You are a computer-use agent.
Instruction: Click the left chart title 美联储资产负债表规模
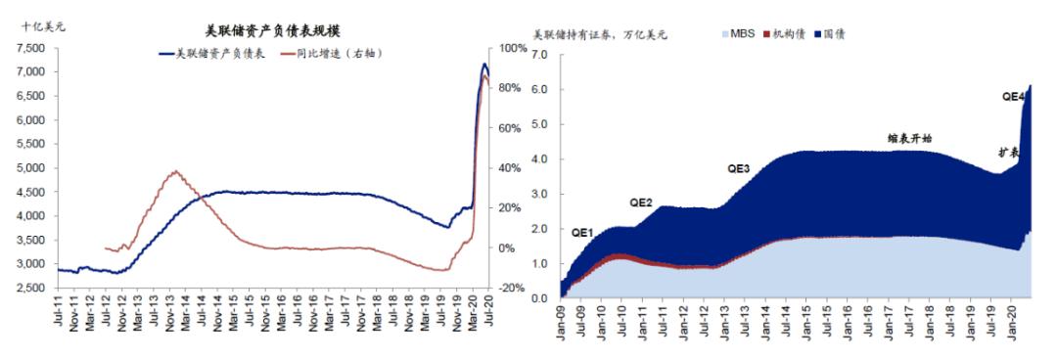pyautogui.click(x=258, y=31)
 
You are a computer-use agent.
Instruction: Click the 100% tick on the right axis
pyautogui.click(x=514, y=48)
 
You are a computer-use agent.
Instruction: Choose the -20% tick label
pyautogui.click(x=514, y=289)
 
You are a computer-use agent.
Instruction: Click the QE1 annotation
pyautogui.click(x=583, y=234)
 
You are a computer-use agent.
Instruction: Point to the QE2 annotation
pyautogui.click(x=641, y=202)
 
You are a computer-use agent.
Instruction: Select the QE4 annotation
pyautogui.click(x=1013, y=97)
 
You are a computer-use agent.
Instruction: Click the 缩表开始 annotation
pyautogui.click(x=909, y=139)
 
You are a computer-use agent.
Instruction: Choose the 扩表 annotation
pyautogui.click(x=1009, y=154)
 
